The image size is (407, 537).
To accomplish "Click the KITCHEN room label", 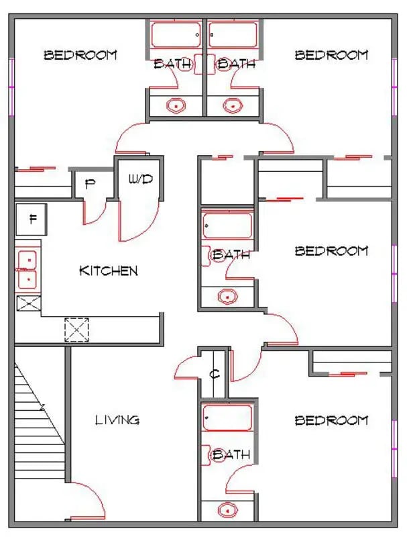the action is coord(109,271).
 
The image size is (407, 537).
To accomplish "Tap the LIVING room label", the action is coord(117,420).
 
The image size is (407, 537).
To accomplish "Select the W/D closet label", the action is coord(141,179).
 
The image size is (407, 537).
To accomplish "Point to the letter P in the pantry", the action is coord(90,185).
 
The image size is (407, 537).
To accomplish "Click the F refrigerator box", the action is coord(31,219).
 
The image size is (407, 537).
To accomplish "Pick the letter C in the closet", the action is coord(215,374).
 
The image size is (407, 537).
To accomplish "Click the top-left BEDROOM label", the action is coord(80,55).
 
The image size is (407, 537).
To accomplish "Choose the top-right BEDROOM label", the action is coord(331,55).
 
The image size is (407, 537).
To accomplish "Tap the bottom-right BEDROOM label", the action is coord(331,420).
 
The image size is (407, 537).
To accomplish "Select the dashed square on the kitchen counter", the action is coord(76,330).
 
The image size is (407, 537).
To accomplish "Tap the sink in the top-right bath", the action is coord(233,105).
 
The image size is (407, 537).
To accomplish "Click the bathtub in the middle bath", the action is coord(227,226).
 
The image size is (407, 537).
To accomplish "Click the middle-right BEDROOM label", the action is coord(331,251).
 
